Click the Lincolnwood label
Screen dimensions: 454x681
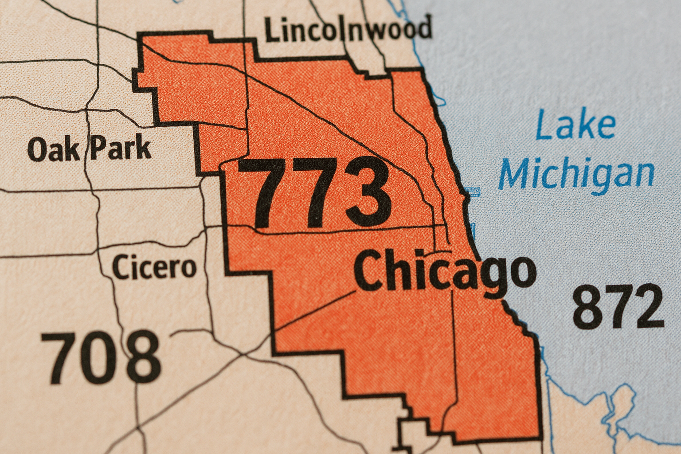[348, 30]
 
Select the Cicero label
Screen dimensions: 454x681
[154, 267]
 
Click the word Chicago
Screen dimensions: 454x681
[445, 271]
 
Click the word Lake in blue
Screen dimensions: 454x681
[575, 126]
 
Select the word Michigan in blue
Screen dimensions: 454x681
[576, 174]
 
